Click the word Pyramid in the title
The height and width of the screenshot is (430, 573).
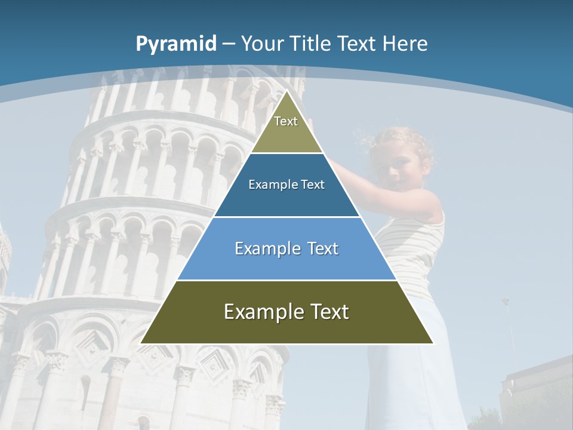coord(175,44)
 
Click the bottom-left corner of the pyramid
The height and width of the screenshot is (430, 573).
coord(141,343)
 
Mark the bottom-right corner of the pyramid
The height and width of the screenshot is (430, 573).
coord(433,343)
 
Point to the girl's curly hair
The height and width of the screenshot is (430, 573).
coord(406,137)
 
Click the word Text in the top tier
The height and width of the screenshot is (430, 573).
coord(286,121)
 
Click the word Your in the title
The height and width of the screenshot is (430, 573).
coord(262,44)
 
